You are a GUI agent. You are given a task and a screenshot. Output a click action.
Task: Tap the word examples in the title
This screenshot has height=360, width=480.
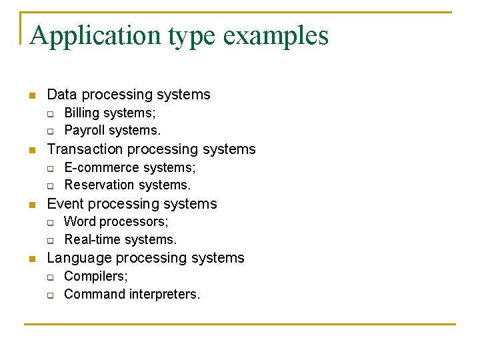[x=276, y=35]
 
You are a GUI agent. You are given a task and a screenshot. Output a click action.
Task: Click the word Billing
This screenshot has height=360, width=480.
[x=81, y=113]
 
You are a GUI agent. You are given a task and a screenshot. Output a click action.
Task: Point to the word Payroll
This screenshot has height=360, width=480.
[x=84, y=130]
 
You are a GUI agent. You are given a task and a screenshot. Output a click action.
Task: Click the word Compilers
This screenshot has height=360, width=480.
[x=95, y=276]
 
